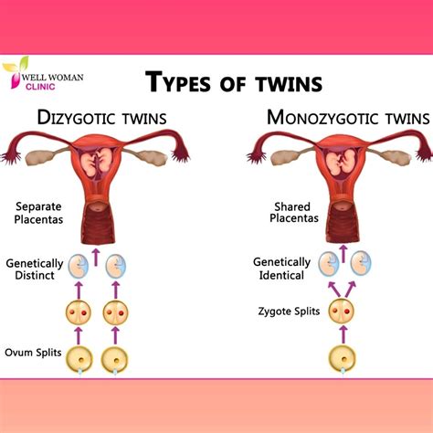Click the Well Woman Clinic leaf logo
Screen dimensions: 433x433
[16, 71]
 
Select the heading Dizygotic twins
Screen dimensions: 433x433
[102, 118]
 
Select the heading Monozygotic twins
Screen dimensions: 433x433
[348, 118]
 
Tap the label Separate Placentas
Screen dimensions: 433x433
[38, 213]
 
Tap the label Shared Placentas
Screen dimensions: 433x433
[294, 212]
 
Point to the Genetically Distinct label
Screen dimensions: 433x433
[35, 269]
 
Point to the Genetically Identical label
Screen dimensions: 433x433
[281, 269]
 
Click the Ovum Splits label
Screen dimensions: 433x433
[33, 353]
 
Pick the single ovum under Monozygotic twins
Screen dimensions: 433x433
[343, 359]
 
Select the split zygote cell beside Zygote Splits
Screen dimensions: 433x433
[342, 311]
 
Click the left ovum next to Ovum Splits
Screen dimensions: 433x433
[79, 360]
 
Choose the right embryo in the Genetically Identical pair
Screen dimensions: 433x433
[361, 263]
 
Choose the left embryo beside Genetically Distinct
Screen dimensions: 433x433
[79, 266]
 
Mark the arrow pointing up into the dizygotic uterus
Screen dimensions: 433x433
[96, 258]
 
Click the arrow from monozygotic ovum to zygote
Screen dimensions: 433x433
[343, 334]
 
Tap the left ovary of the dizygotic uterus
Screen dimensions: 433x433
[40, 157]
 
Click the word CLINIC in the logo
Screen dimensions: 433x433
[40, 87]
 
